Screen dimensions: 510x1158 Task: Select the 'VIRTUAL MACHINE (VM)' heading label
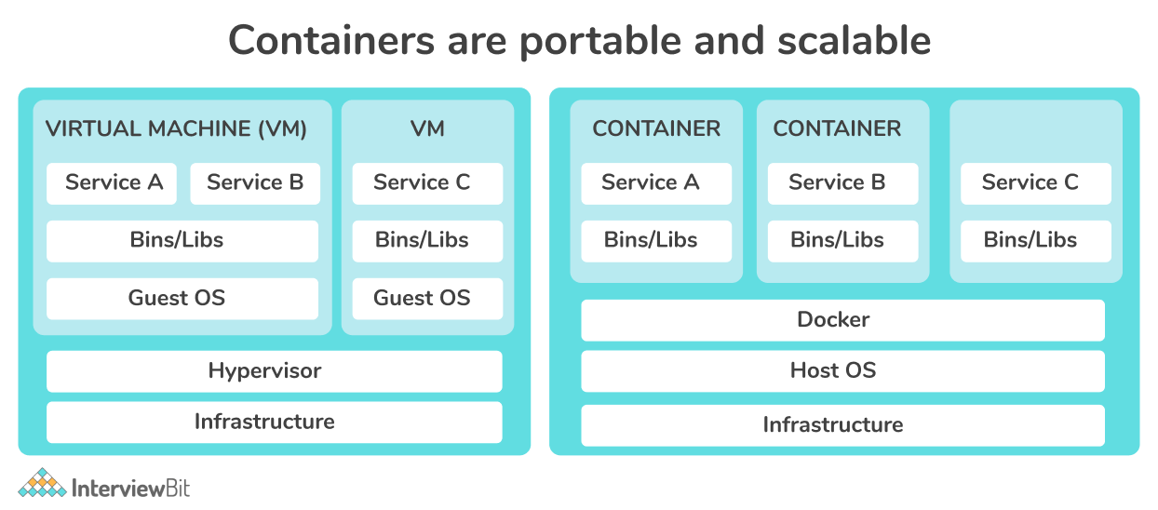(176, 128)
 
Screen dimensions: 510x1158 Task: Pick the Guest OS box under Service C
(426, 299)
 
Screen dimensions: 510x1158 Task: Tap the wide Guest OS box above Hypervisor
(182, 299)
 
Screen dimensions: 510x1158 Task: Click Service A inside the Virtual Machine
(114, 183)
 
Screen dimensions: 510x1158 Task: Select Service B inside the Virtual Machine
(255, 183)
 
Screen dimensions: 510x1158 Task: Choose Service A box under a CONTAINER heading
(655, 183)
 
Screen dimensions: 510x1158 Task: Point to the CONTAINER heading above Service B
(837, 128)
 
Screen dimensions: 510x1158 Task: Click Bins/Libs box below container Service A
(655, 240)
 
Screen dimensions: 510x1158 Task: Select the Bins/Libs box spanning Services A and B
(182, 240)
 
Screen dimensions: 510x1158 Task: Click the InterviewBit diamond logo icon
(42, 484)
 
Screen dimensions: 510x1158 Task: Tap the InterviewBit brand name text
(130, 487)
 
